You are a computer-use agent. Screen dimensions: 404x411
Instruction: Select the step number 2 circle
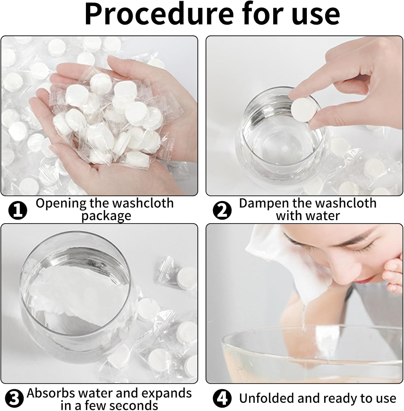(222, 210)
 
